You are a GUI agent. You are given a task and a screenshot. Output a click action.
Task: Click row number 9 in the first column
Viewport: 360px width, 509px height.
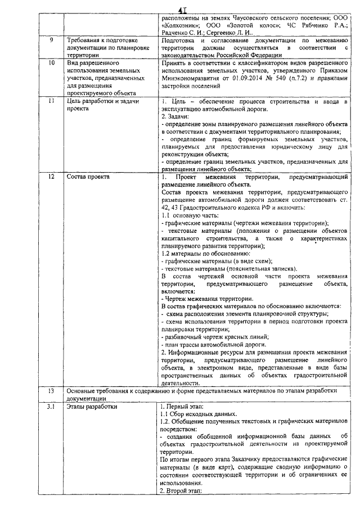[x=51, y=40]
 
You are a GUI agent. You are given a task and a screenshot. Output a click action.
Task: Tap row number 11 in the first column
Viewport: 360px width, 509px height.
[x=51, y=101]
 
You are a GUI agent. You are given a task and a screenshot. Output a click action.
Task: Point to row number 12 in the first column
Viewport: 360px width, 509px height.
[x=51, y=177]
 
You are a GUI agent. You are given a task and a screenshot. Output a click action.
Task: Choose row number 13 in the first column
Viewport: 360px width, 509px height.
[x=51, y=390]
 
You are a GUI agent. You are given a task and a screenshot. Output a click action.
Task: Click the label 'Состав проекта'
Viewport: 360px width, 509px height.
[x=88, y=177]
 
